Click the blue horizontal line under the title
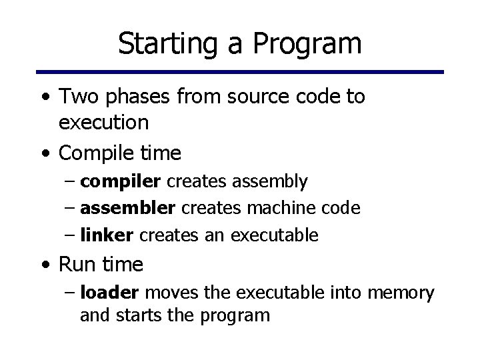click(239, 71)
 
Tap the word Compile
click(97, 153)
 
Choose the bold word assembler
click(127, 208)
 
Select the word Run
click(77, 265)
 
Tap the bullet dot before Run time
click(44, 265)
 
